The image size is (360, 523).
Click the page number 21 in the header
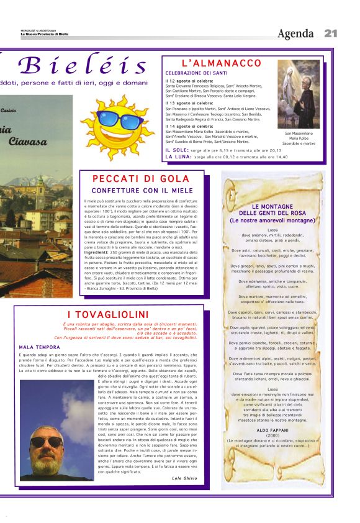pyautogui.click(x=330, y=33)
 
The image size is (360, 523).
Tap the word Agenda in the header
pyautogui.click(x=295, y=34)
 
